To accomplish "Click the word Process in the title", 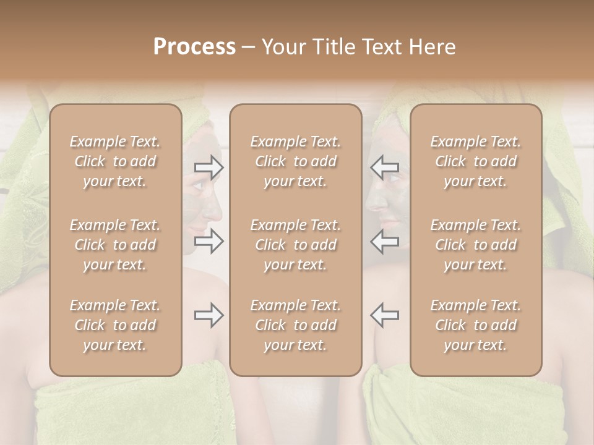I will coord(194,47).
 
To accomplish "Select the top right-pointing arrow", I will coord(209,167).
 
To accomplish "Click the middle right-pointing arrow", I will coord(209,241).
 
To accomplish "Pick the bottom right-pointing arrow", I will coord(209,315).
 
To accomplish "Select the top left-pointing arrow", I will coord(385,167).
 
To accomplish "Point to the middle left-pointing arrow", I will coord(385,241).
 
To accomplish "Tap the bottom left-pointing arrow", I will coord(385,315).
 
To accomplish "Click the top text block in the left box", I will coord(115,161).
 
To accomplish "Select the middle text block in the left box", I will coord(115,245).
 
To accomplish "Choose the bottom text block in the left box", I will coord(115,325).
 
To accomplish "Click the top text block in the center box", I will coord(296,161).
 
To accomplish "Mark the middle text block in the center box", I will coord(296,245).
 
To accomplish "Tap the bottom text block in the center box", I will coord(296,325).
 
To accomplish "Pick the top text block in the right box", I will coord(476,161).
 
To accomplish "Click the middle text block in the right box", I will coord(476,245).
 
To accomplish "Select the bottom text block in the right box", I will coord(476,325).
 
